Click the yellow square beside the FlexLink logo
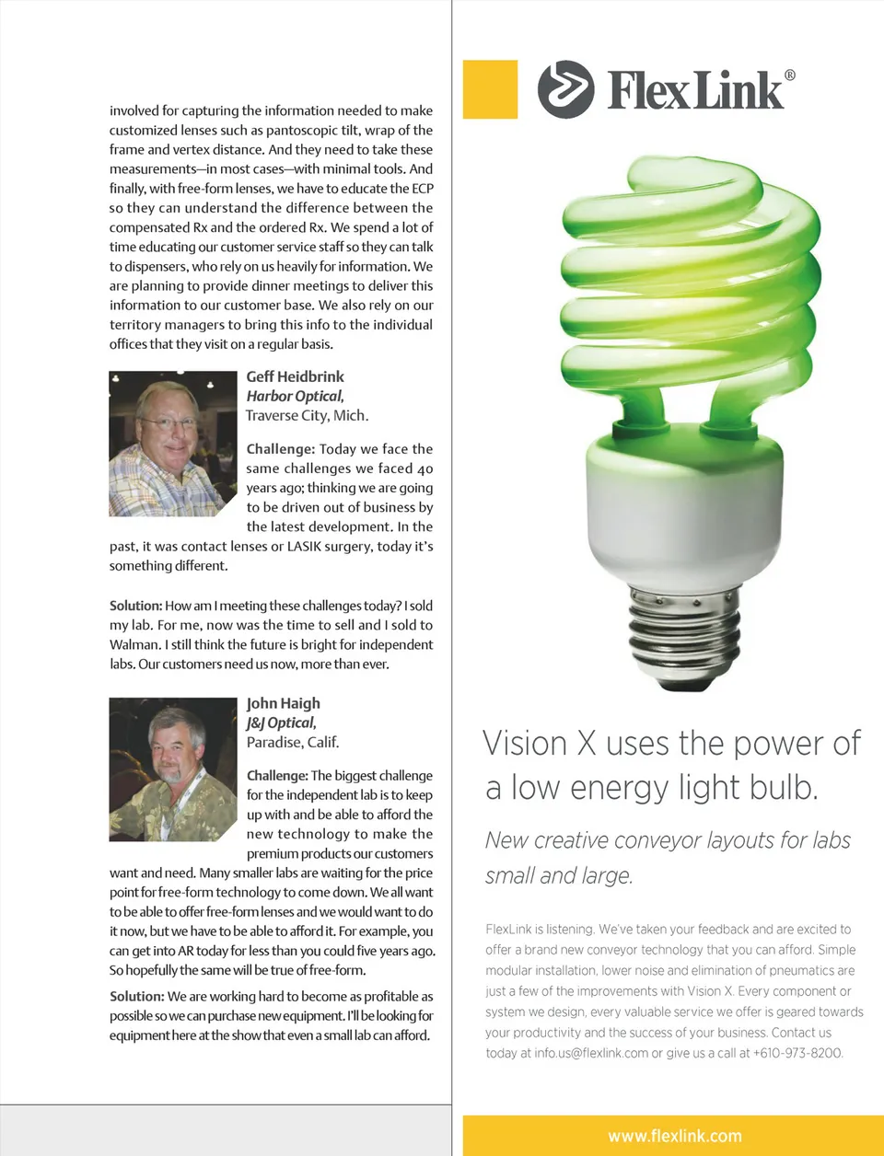pyautogui.click(x=490, y=89)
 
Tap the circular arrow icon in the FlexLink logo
pyautogui.click(x=565, y=89)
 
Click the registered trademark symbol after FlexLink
pyautogui.click(x=789, y=75)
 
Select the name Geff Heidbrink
pyautogui.click(x=295, y=376)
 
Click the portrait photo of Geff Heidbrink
pyautogui.click(x=173, y=443)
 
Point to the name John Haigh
pyautogui.click(x=284, y=703)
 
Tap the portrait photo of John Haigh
pyautogui.click(x=173, y=769)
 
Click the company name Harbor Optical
pyautogui.click(x=295, y=396)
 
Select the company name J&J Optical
pyautogui.click(x=281, y=722)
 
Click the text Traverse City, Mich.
pyautogui.click(x=307, y=415)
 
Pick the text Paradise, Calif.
pyautogui.click(x=293, y=742)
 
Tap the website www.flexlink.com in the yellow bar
pyautogui.click(x=674, y=1136)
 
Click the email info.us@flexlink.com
pyautogui.click(x=591, y=1053)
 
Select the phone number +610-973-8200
pyautogui.click(x=797, y=1053)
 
